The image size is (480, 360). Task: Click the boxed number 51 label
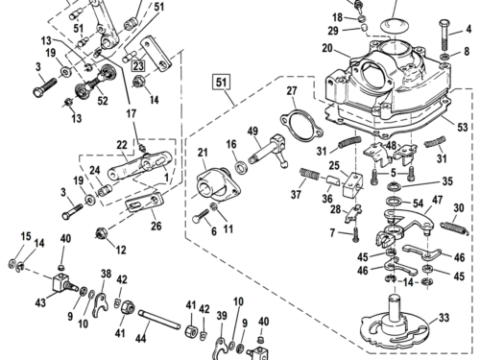click(x=222, y=83)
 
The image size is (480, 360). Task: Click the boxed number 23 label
click(x=138, y=65)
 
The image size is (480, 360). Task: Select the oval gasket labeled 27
click(x=301, y=125)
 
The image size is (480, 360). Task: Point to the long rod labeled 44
click(x=159, y=320)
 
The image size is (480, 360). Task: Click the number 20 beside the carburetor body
click(x=327, y=49)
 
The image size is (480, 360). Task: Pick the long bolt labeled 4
click(x=445, y=36)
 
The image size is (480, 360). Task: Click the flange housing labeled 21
click(x=219, y=188)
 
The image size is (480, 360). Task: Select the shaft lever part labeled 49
click(x=268, y=151)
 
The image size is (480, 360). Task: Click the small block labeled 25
click(x=353, y=184)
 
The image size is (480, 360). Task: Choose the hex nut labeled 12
click(x=101, y=233)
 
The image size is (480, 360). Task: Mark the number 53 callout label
click(x=462, y=128)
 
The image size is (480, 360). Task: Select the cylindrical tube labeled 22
click(x=140, y=164)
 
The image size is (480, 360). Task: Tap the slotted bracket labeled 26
click(x=144, y=203)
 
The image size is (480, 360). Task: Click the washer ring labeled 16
click(x=241, y=167)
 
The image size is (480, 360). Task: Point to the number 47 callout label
click(x=437, y=200)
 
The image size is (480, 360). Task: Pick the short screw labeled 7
click(x=356, y=234)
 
